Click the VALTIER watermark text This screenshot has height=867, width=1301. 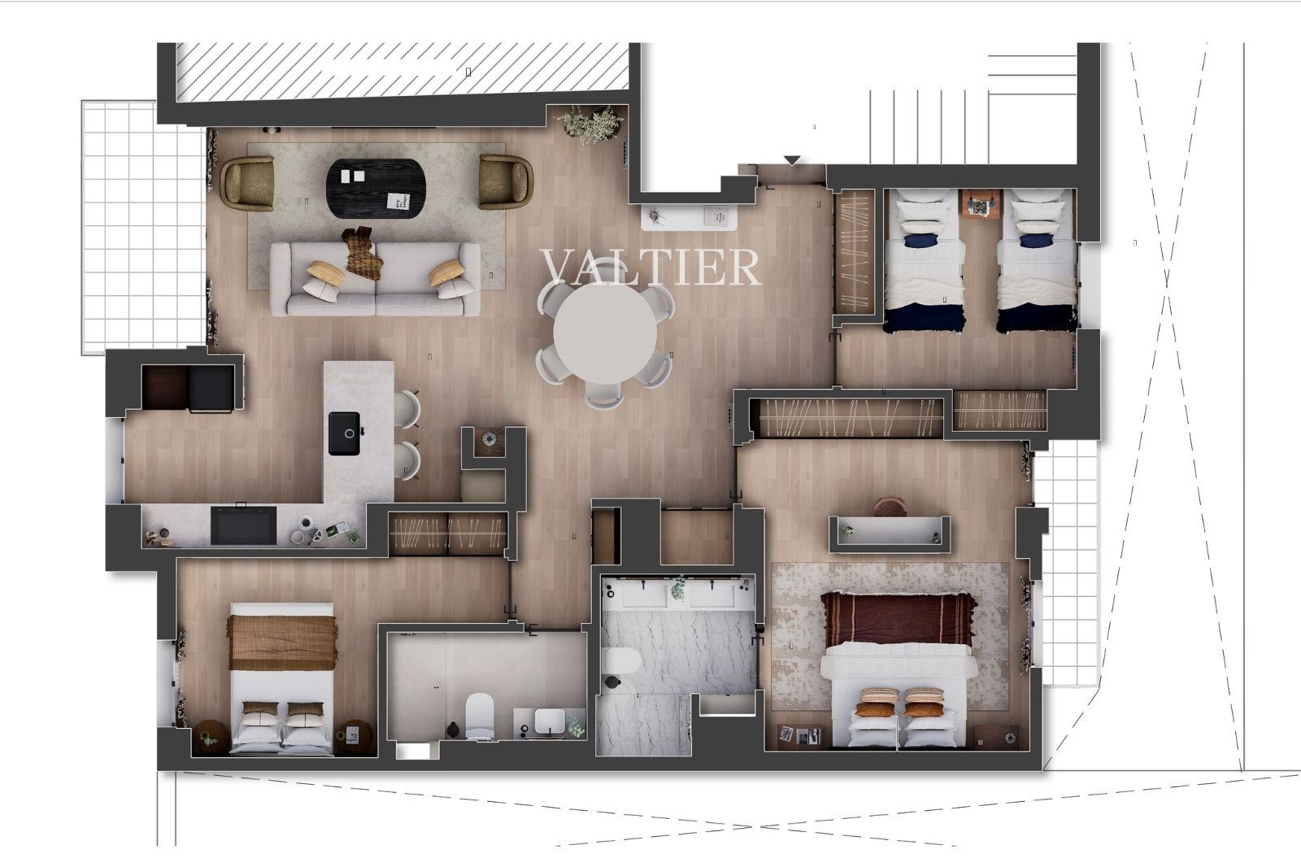[x=650, y=267]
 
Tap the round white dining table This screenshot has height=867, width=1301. [x=605, y=333]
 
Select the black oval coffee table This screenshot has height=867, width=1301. [x=376, y=188]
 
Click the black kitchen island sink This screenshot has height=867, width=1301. [x=345, y=433]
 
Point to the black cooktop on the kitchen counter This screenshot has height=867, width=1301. [x=243, y=525]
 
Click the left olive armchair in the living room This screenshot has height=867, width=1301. [x=247, y=182]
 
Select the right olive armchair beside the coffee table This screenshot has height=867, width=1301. [x=506, y=182]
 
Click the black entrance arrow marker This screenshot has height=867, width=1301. [x=792, y=159]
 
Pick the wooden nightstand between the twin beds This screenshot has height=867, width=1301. [x=981, y=204]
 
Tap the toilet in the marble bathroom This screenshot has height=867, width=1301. [x=623, y=660]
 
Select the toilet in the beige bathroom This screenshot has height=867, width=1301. [x=480, y=716]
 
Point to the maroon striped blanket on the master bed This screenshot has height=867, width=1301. [x=899, y=617]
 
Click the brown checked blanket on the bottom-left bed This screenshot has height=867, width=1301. [x=282, y=643]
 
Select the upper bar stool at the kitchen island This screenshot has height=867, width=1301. [x=407, y=409]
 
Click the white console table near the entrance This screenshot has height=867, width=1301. [x=690, y=217]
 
